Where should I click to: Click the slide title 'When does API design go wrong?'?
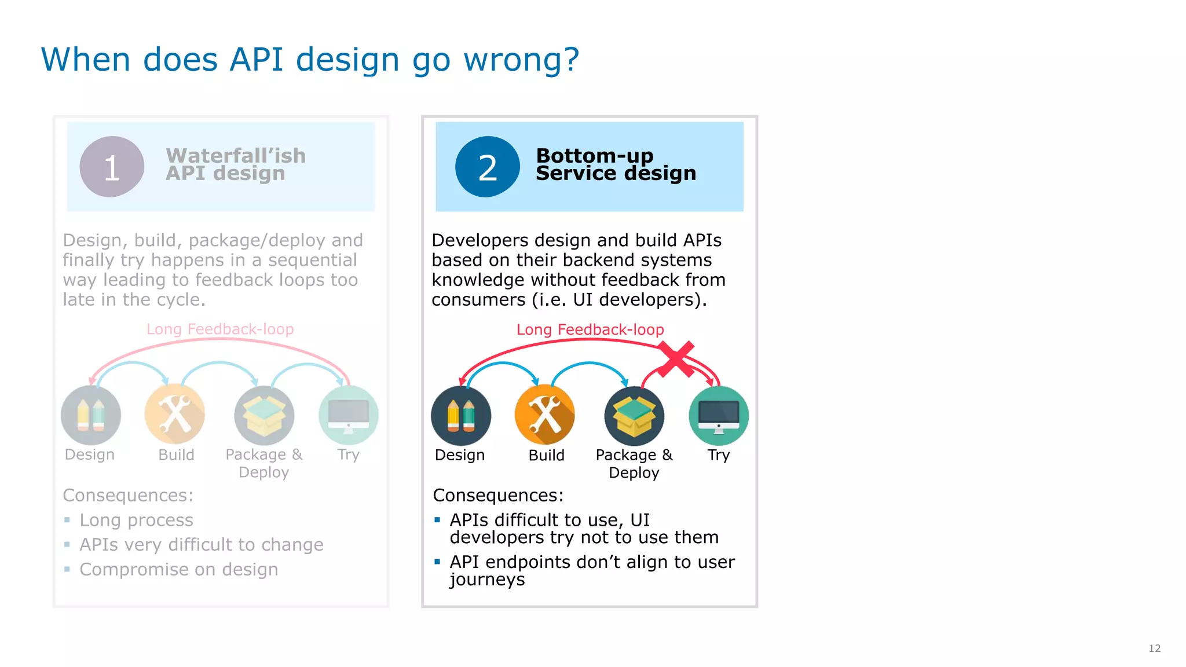click(x=310, y=60)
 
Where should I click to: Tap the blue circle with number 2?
click(x=487, y=167)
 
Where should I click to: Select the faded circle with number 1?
click(x=112, y=167)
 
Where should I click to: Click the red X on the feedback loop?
click(x=676, y=359)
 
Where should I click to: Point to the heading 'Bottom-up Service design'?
click(x=615, y=164)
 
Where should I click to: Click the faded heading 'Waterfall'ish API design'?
click(x=235, y=164)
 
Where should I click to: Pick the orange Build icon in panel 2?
click(x=544, y=415)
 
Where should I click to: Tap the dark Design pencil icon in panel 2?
click(x=461, y=415)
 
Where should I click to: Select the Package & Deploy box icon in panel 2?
click(x=634, y=415)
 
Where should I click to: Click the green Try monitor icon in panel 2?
click(x=718, y=415)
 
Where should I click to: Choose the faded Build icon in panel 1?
click(x=175, y=415)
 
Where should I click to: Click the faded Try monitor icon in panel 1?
click(x=348, y=415)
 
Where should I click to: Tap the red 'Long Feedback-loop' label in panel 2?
click(x=590, y=329)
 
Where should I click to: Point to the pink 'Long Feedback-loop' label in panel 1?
click(x=220, y=329)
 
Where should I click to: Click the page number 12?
click(x=1154, y=648)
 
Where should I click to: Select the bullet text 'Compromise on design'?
click(x=178, y=569)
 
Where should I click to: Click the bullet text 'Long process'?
click(x=136, y=520)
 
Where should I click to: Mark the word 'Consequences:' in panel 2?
click(x=498, y=495)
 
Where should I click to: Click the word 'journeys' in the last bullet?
click(x=487, y=579)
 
